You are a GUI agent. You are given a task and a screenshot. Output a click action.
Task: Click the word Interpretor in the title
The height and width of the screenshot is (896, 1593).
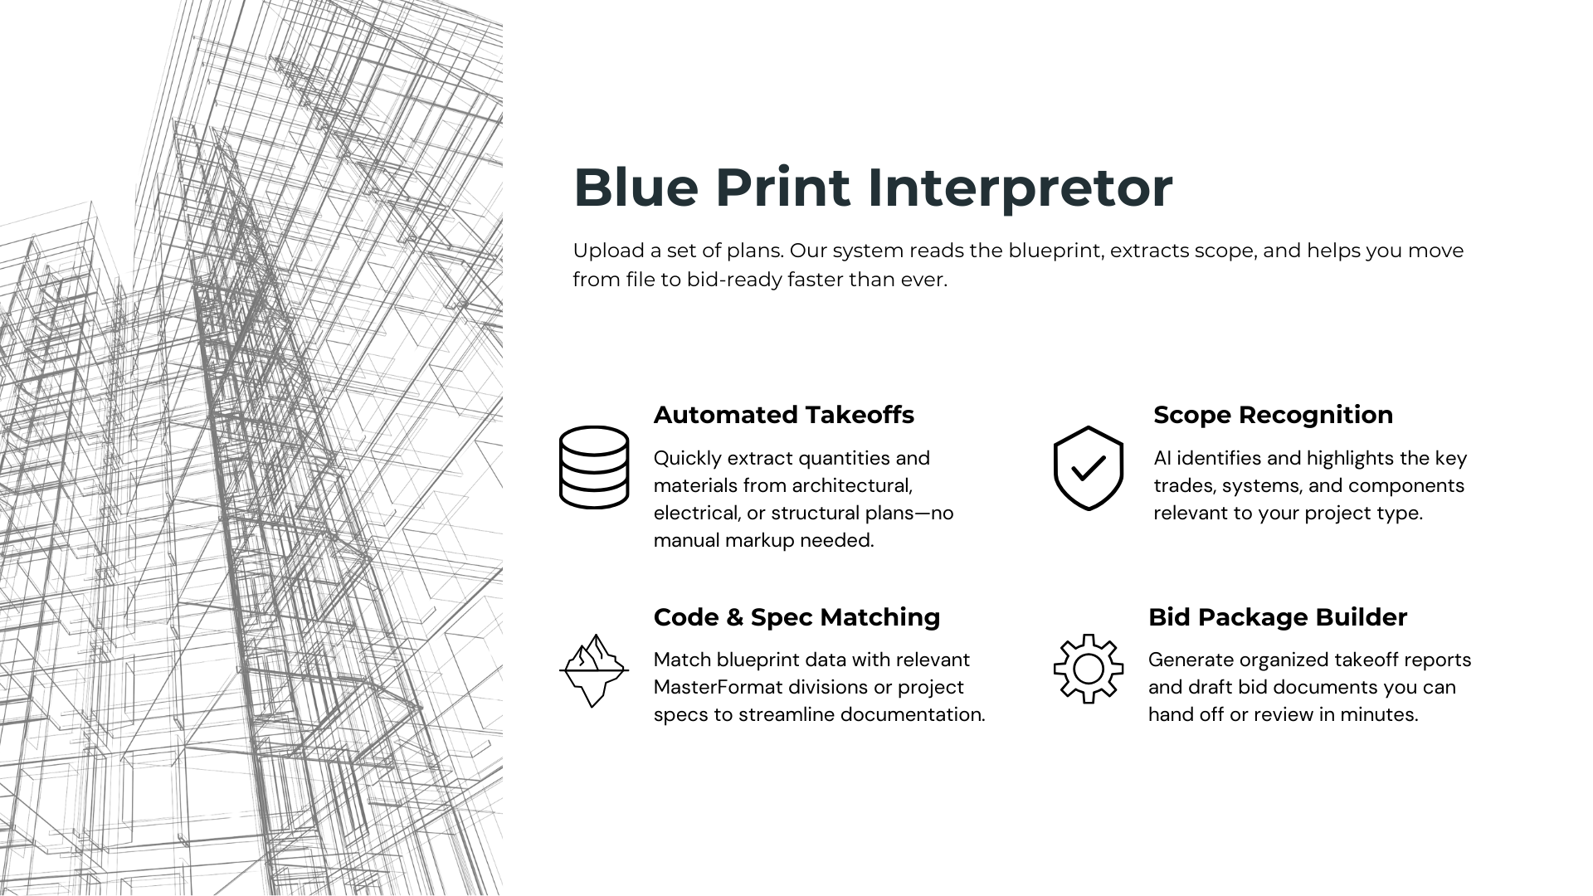point(1020,188)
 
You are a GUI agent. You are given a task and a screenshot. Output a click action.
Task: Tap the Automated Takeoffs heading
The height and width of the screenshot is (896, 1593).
point(783,415)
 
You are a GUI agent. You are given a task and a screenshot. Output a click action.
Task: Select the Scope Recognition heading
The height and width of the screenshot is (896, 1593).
point(1273,416)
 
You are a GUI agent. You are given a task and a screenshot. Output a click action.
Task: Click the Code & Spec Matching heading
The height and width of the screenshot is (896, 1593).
point(796,618)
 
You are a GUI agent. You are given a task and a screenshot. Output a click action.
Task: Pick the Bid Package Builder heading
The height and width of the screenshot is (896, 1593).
point(1278,618)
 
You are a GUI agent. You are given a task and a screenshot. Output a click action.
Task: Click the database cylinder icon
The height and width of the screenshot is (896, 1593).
point(594,467)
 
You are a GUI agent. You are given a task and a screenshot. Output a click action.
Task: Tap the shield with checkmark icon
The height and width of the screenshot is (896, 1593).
point(1088,468)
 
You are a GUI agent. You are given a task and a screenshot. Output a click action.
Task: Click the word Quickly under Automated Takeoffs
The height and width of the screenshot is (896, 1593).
point(687,459)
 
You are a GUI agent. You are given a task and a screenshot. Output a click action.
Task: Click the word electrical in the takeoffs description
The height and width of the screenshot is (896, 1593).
point(697,513)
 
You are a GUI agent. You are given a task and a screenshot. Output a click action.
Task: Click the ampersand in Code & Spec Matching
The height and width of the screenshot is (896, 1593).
point(734,618)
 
